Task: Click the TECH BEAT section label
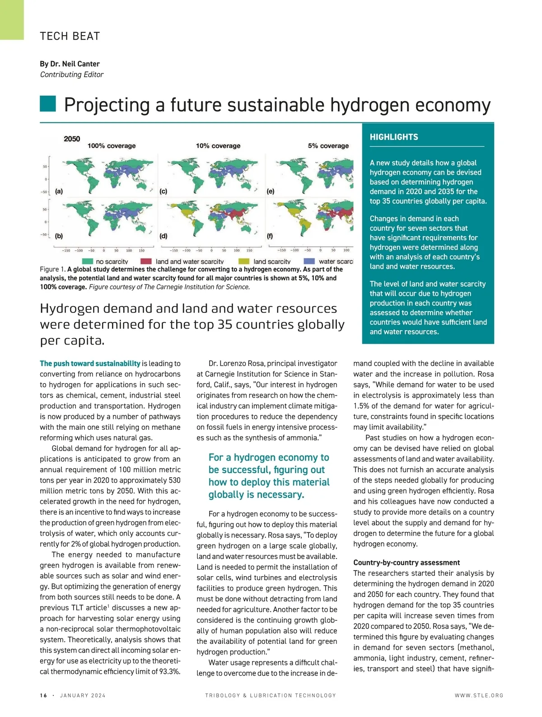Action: click(x=70, y=36)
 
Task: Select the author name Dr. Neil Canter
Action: click(x=70, y=64)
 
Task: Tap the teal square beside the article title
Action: click(x=48, y=103)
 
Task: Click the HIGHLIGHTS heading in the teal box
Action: click(x=394, y=137)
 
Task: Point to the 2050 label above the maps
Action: click(x=72, y=139)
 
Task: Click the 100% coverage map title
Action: click(x=111, y=146)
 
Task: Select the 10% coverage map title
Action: click(x=218, y=146)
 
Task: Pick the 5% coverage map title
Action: click(x=328, y=146)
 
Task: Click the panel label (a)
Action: click(x=59, y=191)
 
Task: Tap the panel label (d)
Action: click(x=164, y=236)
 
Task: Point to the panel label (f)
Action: click(x=270, y=236)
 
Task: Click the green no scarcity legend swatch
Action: click(x=88, y=261)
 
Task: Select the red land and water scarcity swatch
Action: click(x=146, y=261)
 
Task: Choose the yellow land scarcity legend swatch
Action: click(x=244, y=261)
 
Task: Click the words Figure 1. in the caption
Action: click(x=52, y=270)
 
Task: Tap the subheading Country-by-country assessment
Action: click(x=406, y=563)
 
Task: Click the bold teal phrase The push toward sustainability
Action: click(x=90, y=363)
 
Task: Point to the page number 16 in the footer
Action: click(x=43, y=695)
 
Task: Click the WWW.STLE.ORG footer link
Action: click(x=479, y=695)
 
